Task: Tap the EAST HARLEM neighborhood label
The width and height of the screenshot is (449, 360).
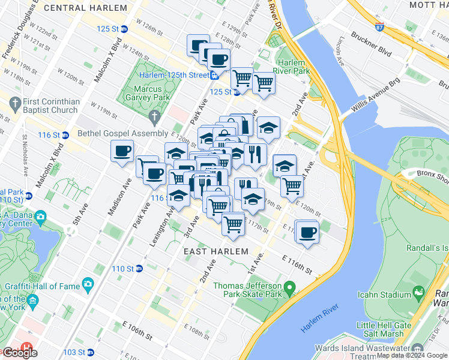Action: tap(215, 251)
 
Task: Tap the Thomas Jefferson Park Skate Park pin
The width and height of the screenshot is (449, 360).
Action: tap(289, 290)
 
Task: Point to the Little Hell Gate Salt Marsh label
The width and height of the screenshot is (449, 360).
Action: tap(389, 329)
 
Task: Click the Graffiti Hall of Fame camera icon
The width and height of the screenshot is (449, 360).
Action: tap(88, 284)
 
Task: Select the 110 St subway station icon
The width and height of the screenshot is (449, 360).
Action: tap(139, 268)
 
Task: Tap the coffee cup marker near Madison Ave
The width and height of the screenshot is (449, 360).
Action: tap(122, 151)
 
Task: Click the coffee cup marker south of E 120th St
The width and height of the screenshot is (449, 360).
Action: tap(307, 232)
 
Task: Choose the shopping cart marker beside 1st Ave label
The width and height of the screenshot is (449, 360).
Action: tap(233, 224)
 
